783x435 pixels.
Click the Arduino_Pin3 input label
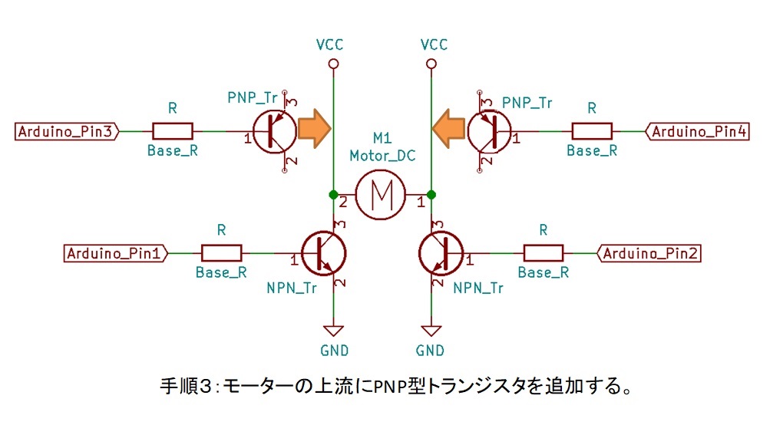pyautogui.click(x=67, y=132)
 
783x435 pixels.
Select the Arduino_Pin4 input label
pyautogui.click(x=698, y=132)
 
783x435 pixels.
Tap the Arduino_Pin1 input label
pyautogui.click(x=116, y=253)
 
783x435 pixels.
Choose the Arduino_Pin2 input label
pyautogui.click(x=649, y=253)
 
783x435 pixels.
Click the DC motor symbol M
pyautogui.click(x=381, y=195)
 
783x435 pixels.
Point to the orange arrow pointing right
pyautogui.click(x=314, y=129)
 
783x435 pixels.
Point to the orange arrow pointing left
pyautogui.click(x=448, y=129)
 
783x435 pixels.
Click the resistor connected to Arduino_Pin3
pyautogui.click(x=172, y=132)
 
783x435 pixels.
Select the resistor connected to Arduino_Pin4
pyautogui.click(x=592, y=132)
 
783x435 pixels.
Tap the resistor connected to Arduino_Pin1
pyautogui.click(x=221, y=253)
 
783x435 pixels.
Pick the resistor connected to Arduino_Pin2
pyautogui.click(x=543, y=253)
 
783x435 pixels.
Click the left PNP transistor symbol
pyautogui.click(x=275, y=132)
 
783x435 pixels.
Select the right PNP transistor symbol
pyautogui.click(x=489, y=132)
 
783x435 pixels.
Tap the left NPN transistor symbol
pyautogui.click(x=324, y=253)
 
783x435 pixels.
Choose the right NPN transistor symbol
pyautogui.click(x=441, y=253)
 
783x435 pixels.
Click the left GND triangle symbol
pyautogui.click(x=334, y=331)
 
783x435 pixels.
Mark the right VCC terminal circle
pyautogui.click(x=431, y=64)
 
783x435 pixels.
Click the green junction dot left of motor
pyautogui.click(x=334, y=195)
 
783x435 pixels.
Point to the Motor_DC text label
pyautogui.click(x=382, y=156)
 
